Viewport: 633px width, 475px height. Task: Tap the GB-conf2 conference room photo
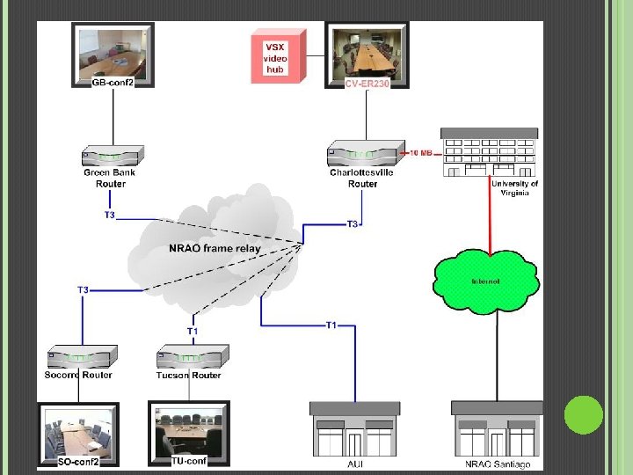(x=113, y=52)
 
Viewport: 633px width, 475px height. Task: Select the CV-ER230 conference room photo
(x=366, y=52)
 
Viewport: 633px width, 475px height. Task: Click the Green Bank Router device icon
(x=109, y=157)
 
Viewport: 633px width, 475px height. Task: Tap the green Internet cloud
(x=485, y=280)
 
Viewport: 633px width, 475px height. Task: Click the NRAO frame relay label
(x=215, y=249)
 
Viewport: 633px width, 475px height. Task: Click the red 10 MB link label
(x=421, y=153)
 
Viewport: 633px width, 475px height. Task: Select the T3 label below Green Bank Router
(x=110, y=214)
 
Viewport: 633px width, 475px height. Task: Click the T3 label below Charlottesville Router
(x=353, y=224)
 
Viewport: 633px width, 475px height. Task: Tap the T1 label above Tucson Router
(x=193, y=331)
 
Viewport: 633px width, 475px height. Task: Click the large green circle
(x=583, y=414)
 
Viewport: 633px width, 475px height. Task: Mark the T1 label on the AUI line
(x=331, y=325)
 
